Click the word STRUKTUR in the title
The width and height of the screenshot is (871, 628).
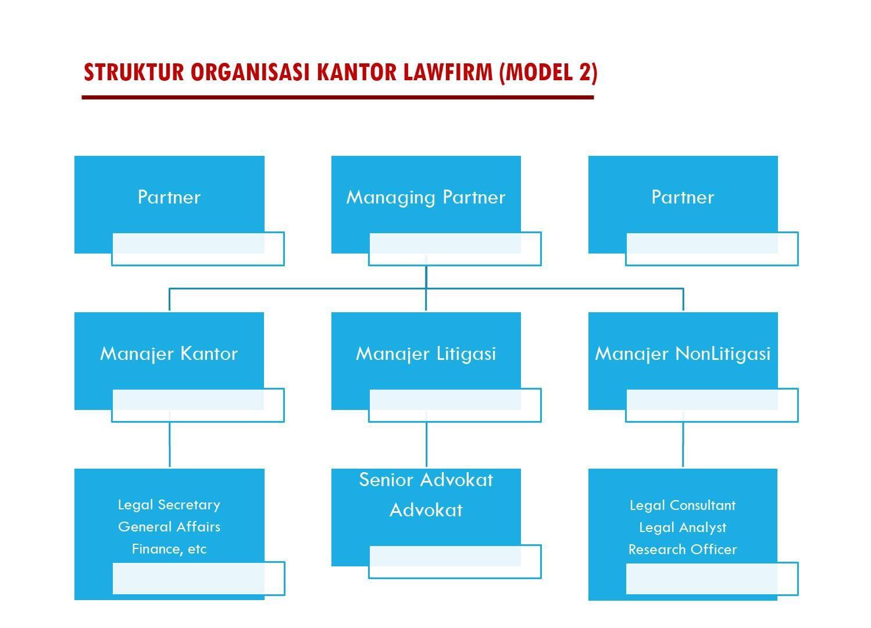(x=134, y=72)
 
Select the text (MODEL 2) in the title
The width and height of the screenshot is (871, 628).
(x=549, y=73)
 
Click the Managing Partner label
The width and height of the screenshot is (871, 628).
(x=426, y=198)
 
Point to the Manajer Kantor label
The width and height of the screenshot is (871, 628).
(x=169, y=354)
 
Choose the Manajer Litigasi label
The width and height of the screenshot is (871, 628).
(x=426, y=354)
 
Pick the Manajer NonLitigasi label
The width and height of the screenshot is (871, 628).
(x=683, y=354)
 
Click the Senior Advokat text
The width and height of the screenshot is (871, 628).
(x=426, y=480)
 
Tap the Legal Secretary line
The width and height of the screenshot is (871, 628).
(x=169, y=505)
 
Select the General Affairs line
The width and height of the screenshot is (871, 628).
(x=169, y=527)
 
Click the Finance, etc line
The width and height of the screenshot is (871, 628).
(x=169, y=549)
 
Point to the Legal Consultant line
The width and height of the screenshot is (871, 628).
(x=683, y=505)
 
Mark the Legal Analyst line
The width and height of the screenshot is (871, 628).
(x=683, y=527)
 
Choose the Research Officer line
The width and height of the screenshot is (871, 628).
(x=683, y=549)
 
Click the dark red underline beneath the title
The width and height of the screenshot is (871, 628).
(x=337, y=97)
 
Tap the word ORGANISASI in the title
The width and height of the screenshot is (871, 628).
(x=250, y=72)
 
